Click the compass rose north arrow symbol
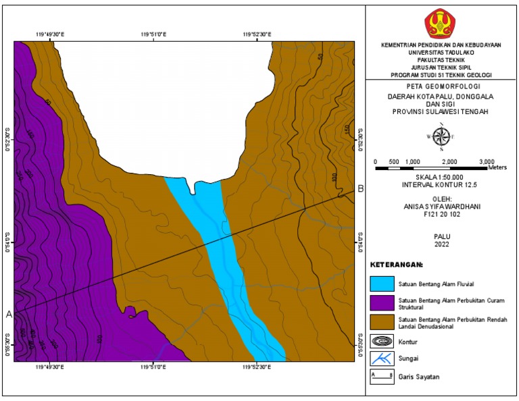coord(440,137)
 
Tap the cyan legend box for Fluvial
coord(382,282)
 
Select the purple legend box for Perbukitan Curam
coord(382,302)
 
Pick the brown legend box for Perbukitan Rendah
coord(382,321)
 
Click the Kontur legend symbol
coord(382,341)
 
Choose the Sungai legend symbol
coord(382,358)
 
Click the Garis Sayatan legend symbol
coord(382,377)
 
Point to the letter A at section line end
coord(9,315)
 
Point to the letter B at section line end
coord(361,189)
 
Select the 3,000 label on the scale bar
coord(487,162)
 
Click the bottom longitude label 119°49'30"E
coord(49,367)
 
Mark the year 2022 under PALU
coord(441,244)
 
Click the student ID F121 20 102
coord(441,215)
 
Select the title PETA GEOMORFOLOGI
coord(441,87)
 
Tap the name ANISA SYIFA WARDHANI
coord(441,207)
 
